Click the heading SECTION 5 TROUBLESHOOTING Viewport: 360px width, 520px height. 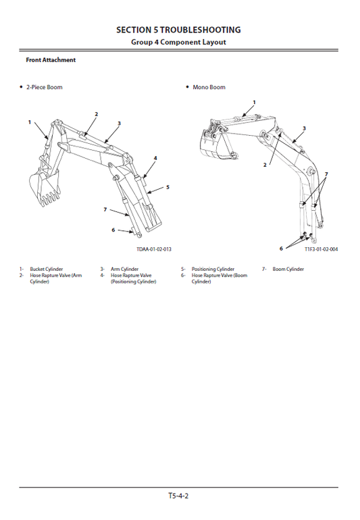pyautogui.click(x=178, y=30)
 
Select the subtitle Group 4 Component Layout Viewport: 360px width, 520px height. pyautogui.click(x=178, y=42)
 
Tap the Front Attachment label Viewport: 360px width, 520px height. pyautogui.click(x=51, y=60)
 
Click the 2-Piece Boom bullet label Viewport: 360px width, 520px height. pyautogui.click(x=44, y=87)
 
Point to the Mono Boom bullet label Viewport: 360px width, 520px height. pyautogui.click(x=209, y=87)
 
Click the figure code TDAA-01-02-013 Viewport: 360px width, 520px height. pyautogui.click(x=154, y=249)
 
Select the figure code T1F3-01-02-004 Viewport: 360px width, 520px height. pyautogui.click(x=321, y=249)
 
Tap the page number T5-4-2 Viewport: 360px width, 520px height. pyautogui.click(x=178, y=496)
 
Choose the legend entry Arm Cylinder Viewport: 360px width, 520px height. pyautogui.click(x=124, y=269)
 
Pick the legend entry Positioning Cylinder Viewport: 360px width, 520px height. pyautogui.click(x=213, y=269)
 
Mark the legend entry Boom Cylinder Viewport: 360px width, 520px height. pyautogui.click(x=288, y=269)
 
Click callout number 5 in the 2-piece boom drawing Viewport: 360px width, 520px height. pyautogui.click(x=168, y=187)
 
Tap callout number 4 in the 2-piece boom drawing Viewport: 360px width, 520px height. pyautogui.click(x=155, y=158)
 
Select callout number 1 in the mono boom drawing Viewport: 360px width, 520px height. pyautogui.click(x=254, y=102)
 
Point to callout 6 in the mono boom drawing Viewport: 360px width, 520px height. pyautogui.click(x=281, y=248)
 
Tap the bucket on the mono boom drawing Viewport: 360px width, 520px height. pyautogui.click(x=212, y=145)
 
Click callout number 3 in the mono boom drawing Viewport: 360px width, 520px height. pyautogui.click(x=304, y=128)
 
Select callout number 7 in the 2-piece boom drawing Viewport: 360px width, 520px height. pyautogui.click(x=105, y=210)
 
